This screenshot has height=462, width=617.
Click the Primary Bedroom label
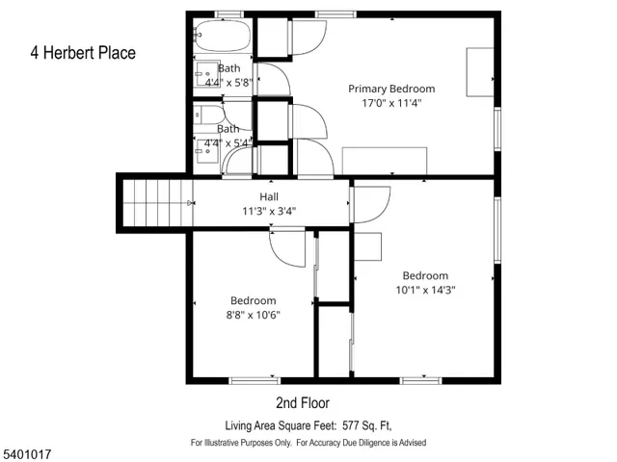coord(391,88)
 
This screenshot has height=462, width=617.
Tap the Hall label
coord(269,197)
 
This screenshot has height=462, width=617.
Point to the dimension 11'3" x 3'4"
coord(269,211)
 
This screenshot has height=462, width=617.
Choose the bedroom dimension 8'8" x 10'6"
coord(253,314)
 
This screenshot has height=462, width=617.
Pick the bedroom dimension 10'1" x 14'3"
coord(425,289)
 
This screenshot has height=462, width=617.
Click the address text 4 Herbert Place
coord(83,53)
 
